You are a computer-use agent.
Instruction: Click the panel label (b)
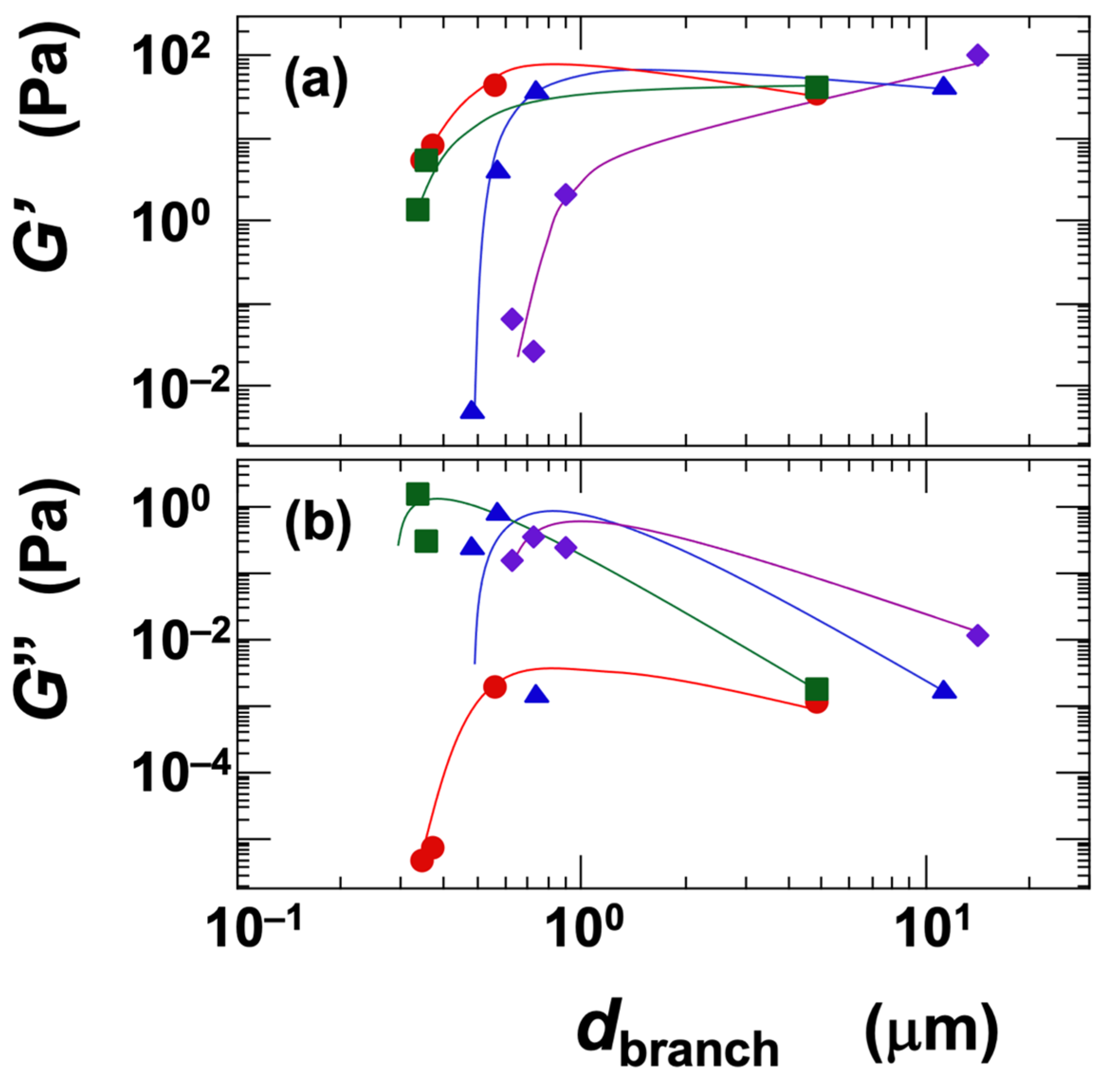[318, 525]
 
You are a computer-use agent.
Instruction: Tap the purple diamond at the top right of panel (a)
[977, 55]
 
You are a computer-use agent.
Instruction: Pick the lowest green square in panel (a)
[418, 209]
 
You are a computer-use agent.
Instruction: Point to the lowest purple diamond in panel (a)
[533, 351]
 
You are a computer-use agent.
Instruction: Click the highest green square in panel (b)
[418, 494]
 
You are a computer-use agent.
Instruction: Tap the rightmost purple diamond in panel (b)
[977, 636]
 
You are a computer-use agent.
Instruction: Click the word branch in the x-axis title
[699, 1049]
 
